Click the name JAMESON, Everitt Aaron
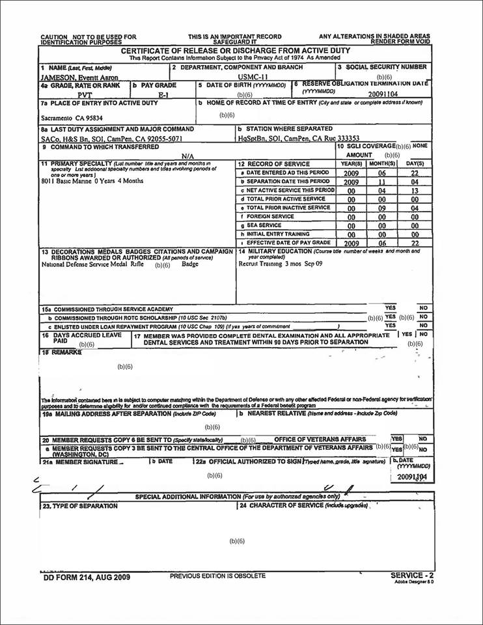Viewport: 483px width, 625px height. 79,77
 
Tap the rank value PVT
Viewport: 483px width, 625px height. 85,95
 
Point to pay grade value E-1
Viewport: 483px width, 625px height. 163,95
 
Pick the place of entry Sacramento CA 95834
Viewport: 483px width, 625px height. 71,120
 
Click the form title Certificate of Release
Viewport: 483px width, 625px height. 236,50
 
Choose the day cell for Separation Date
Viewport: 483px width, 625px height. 415,182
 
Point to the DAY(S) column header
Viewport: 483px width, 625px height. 415,164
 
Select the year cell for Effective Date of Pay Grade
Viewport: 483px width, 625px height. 352,243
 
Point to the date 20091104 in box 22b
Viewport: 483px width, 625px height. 411,477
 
